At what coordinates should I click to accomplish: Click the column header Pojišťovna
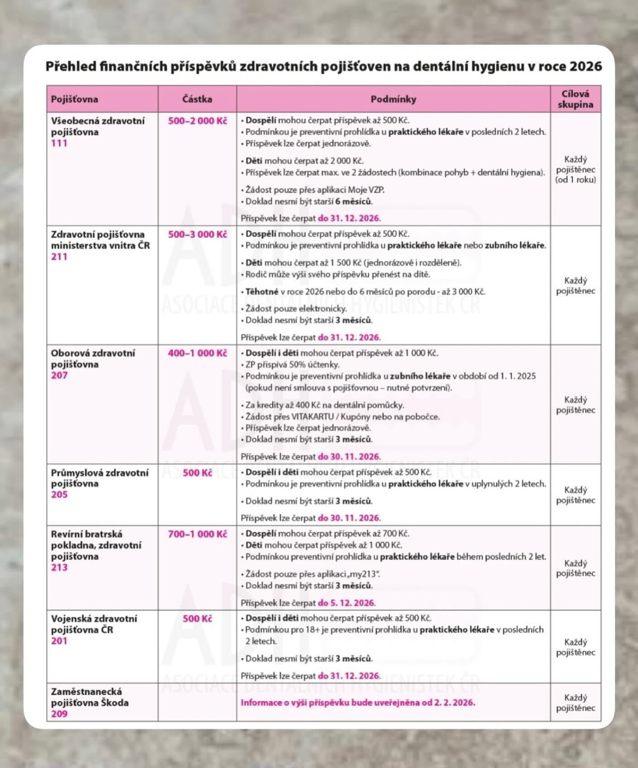(x=74, y=99)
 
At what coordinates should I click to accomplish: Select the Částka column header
(x=197, y=99)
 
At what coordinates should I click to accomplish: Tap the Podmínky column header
(x=393, y=99)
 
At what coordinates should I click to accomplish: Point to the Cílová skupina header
(x=575, y=99)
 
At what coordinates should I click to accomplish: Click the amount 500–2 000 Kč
(x=197, y=121)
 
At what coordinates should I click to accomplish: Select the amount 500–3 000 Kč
(x=197, y=235)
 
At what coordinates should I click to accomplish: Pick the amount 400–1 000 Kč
(x=197, y=353)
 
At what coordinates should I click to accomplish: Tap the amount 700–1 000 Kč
(x=197, y=534)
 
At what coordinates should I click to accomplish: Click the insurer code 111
(x=59, y=143)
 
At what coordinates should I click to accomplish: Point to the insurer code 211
(x=59, y=257)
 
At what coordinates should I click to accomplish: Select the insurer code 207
(x=59, y=375)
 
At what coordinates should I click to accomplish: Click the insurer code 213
(x=59, y=567)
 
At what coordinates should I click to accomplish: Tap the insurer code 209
(x=59, y=714)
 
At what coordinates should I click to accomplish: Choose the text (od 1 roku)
(x=576, y=180)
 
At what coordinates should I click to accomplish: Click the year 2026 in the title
(x=585, y=67)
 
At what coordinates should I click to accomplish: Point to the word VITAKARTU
(x=312, y=417)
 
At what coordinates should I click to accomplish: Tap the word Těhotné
(x=262, y=292)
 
